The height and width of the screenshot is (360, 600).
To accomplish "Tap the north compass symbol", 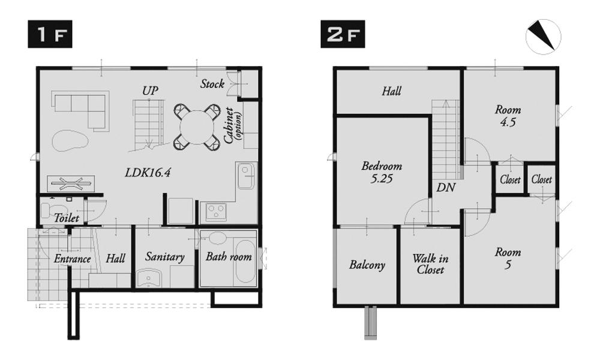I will [x=543, y=37].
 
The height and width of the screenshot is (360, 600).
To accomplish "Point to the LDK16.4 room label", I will [x=148, y=173].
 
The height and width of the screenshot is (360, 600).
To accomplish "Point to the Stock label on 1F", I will [x=212, y=84].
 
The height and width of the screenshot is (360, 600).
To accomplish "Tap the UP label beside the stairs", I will [x=150, y=91].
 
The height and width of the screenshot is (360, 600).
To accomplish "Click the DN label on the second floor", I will [x=446, y=188].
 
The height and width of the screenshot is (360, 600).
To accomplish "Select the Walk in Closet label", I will [x=430, y=265].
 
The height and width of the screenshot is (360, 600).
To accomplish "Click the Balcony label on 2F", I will [x=367, y=265].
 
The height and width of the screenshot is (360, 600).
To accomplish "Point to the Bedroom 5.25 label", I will [x=381, y=172].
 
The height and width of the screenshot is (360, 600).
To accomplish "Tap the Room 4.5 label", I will [x=508, y=115].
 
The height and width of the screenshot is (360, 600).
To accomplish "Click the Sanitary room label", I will [x=164, y=257].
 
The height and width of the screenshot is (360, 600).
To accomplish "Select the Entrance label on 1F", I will [x=72, y=259].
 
